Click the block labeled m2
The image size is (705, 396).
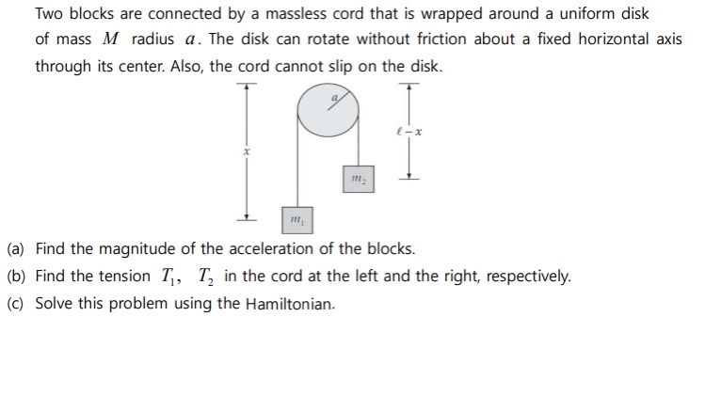357,178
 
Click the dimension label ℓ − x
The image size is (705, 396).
409,131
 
